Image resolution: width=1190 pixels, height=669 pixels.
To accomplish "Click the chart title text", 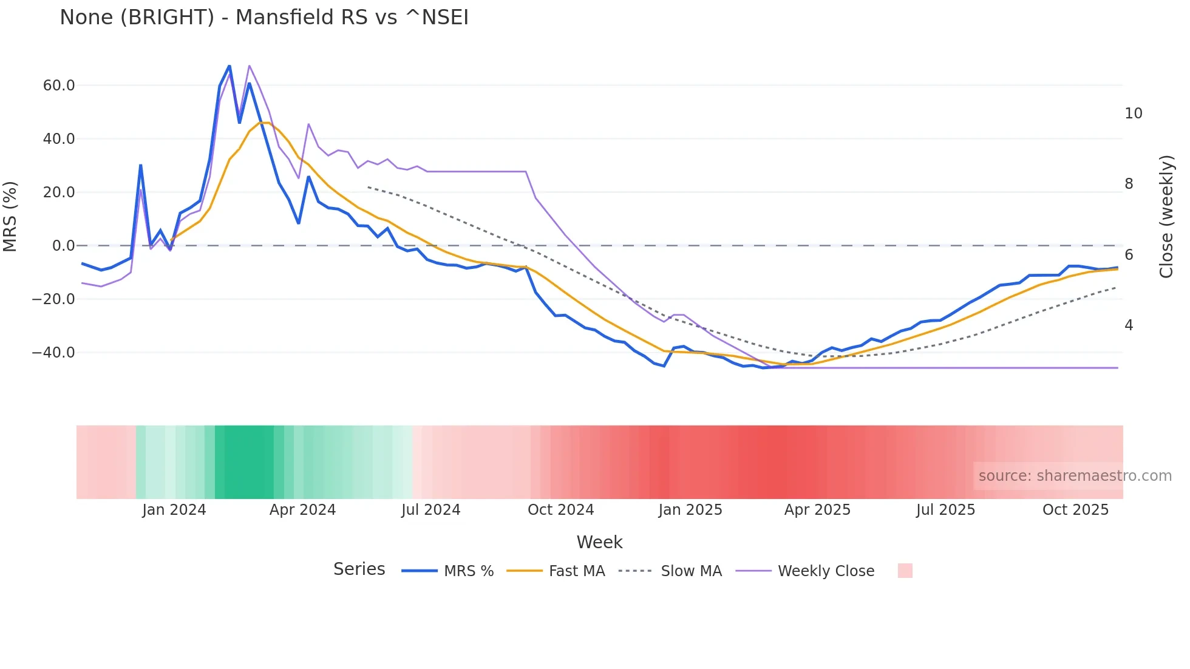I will point(264,18).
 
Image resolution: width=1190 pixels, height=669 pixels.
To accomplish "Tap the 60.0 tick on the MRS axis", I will point(59,86).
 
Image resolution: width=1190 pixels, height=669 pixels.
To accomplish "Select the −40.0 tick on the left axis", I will point(53,353).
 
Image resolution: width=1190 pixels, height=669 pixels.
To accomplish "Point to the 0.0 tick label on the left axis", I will point(63,246).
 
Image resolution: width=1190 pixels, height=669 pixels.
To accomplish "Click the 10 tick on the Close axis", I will point(1133,114).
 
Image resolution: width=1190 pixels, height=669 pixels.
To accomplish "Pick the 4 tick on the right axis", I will point(1129,325).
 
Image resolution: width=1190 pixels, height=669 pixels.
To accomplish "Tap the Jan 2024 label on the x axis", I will point(174,510).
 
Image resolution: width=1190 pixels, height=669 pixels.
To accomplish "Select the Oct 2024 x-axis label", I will point(560,510).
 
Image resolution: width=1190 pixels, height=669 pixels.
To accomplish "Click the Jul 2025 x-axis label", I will point(945,510).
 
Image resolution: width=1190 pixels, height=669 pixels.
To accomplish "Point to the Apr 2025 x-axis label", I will point(817,510).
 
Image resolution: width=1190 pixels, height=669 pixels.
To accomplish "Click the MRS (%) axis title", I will point(10,217).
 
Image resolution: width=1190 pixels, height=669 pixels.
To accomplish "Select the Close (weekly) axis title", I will point(1166,217).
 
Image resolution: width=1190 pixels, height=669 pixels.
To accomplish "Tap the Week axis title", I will point(599,542).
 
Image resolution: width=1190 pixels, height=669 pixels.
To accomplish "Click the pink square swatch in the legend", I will point(905,571).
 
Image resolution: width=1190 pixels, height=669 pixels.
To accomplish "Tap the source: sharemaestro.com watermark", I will point(1075,476).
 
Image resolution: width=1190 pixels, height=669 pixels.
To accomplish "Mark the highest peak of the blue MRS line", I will point(229,66).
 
